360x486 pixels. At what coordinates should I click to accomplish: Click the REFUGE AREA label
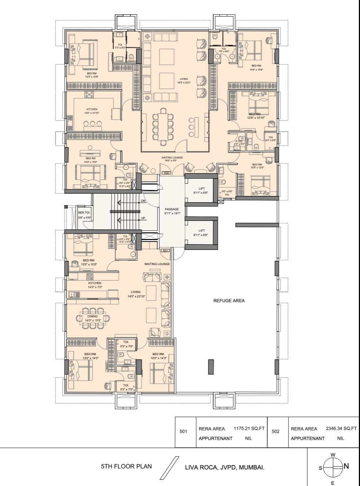click(229, 301)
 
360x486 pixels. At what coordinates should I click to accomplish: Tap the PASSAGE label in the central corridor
click(172, 210)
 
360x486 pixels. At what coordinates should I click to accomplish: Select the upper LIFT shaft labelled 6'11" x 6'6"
click(202, 190)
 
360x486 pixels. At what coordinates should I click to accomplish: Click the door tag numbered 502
click(166, 173)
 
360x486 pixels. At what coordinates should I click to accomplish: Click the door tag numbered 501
click(165, 251)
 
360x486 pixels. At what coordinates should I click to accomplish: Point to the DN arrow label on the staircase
click(143, 201)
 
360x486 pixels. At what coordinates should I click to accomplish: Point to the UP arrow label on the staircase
click(143, 218)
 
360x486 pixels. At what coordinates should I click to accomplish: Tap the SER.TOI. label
click(84, 213)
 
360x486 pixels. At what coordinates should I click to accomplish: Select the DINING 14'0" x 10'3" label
click(93, 318)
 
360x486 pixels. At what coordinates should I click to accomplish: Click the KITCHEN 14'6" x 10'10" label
click(92, 111)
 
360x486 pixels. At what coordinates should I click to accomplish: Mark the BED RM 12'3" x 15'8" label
click(89, 75)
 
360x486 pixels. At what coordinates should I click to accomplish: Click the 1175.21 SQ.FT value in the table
click(249, 429)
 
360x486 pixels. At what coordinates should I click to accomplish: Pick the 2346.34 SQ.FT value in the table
click(341, 429)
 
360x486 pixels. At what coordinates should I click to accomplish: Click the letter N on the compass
click(346, 466)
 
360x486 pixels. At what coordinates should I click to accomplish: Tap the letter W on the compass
click(333, 455)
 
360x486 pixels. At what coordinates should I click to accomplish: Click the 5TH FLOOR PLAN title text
click(126, 467)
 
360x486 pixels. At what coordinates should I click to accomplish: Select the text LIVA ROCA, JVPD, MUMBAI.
click(224, 468)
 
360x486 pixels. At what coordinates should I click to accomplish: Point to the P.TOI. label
click(239, 142)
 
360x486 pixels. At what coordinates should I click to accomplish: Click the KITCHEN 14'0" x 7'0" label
click(95, 285)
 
